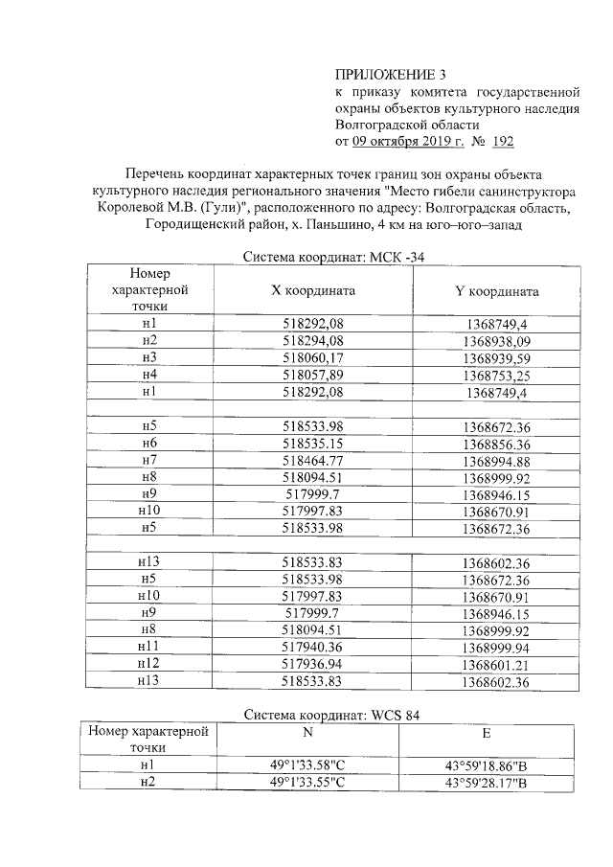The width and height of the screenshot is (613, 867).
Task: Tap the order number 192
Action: point(502,142)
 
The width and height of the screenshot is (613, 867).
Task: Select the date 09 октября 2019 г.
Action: point(408,142)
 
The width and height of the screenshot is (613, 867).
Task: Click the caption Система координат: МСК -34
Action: point(332,256)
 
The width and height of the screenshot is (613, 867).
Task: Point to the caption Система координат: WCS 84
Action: point(331,715)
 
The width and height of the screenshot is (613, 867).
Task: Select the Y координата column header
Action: point(496,291)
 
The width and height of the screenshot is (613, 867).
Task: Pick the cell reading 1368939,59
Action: point(496,357)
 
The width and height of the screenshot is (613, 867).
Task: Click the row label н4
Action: point(148,374)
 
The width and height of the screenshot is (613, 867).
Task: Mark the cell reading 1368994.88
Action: point(496,460)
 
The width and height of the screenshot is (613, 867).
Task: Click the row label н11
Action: point(148,647)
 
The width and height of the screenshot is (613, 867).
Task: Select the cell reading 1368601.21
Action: point(496,664)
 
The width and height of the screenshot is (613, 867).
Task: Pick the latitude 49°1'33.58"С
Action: point(306,765)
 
